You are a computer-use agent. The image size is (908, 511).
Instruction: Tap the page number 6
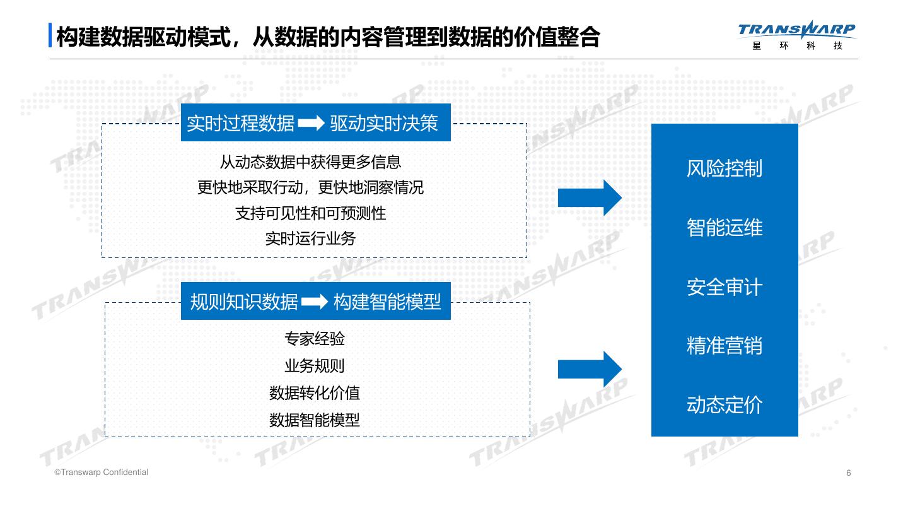click(849, 473)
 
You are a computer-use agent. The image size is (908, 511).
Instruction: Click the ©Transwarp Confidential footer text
click(102, 473)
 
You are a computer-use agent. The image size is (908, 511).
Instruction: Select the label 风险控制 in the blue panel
click(725, 168)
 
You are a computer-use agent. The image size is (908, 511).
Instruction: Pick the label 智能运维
click(725, 227)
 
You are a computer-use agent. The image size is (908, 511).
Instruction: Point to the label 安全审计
click(725, 287)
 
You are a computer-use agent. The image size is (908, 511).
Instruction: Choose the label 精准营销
click(725, 346)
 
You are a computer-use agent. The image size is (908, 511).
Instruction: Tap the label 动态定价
click(725, 404)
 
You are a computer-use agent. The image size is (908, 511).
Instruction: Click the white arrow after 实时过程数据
click(311, 124)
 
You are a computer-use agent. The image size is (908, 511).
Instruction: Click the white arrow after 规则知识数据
click(315, 302)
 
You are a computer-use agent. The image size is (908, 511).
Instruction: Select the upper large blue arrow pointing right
click(589, 197)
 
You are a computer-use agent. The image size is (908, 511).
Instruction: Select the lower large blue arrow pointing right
click(589, 369)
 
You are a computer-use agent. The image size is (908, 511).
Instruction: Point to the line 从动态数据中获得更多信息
click(310, 162)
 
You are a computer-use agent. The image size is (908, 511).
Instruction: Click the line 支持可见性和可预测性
click(310, 213)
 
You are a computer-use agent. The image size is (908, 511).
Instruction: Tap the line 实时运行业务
click(310, 238)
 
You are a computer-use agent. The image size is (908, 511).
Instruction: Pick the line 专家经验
click(315, 339)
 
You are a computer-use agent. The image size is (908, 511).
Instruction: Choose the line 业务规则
click(315, 366)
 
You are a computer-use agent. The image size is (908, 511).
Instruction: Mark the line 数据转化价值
click(315, 393)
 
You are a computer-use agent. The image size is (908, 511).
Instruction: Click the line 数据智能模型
click(315, 420)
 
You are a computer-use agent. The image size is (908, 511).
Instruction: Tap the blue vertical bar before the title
click(50, 35)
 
